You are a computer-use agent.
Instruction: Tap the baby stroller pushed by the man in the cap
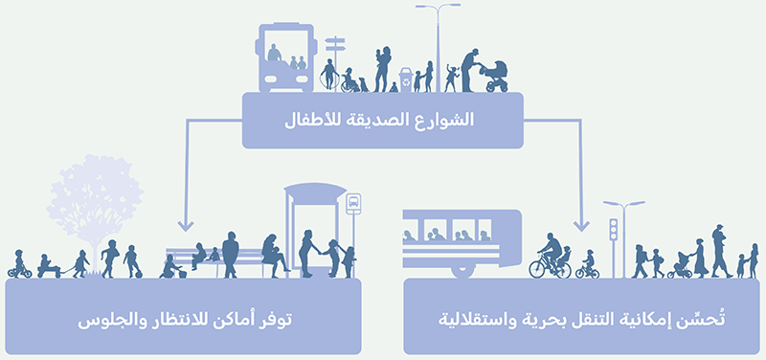point(495,77)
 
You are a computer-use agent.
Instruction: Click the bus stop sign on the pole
point(353,202)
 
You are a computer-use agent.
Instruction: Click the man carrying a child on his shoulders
point(718,248)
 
